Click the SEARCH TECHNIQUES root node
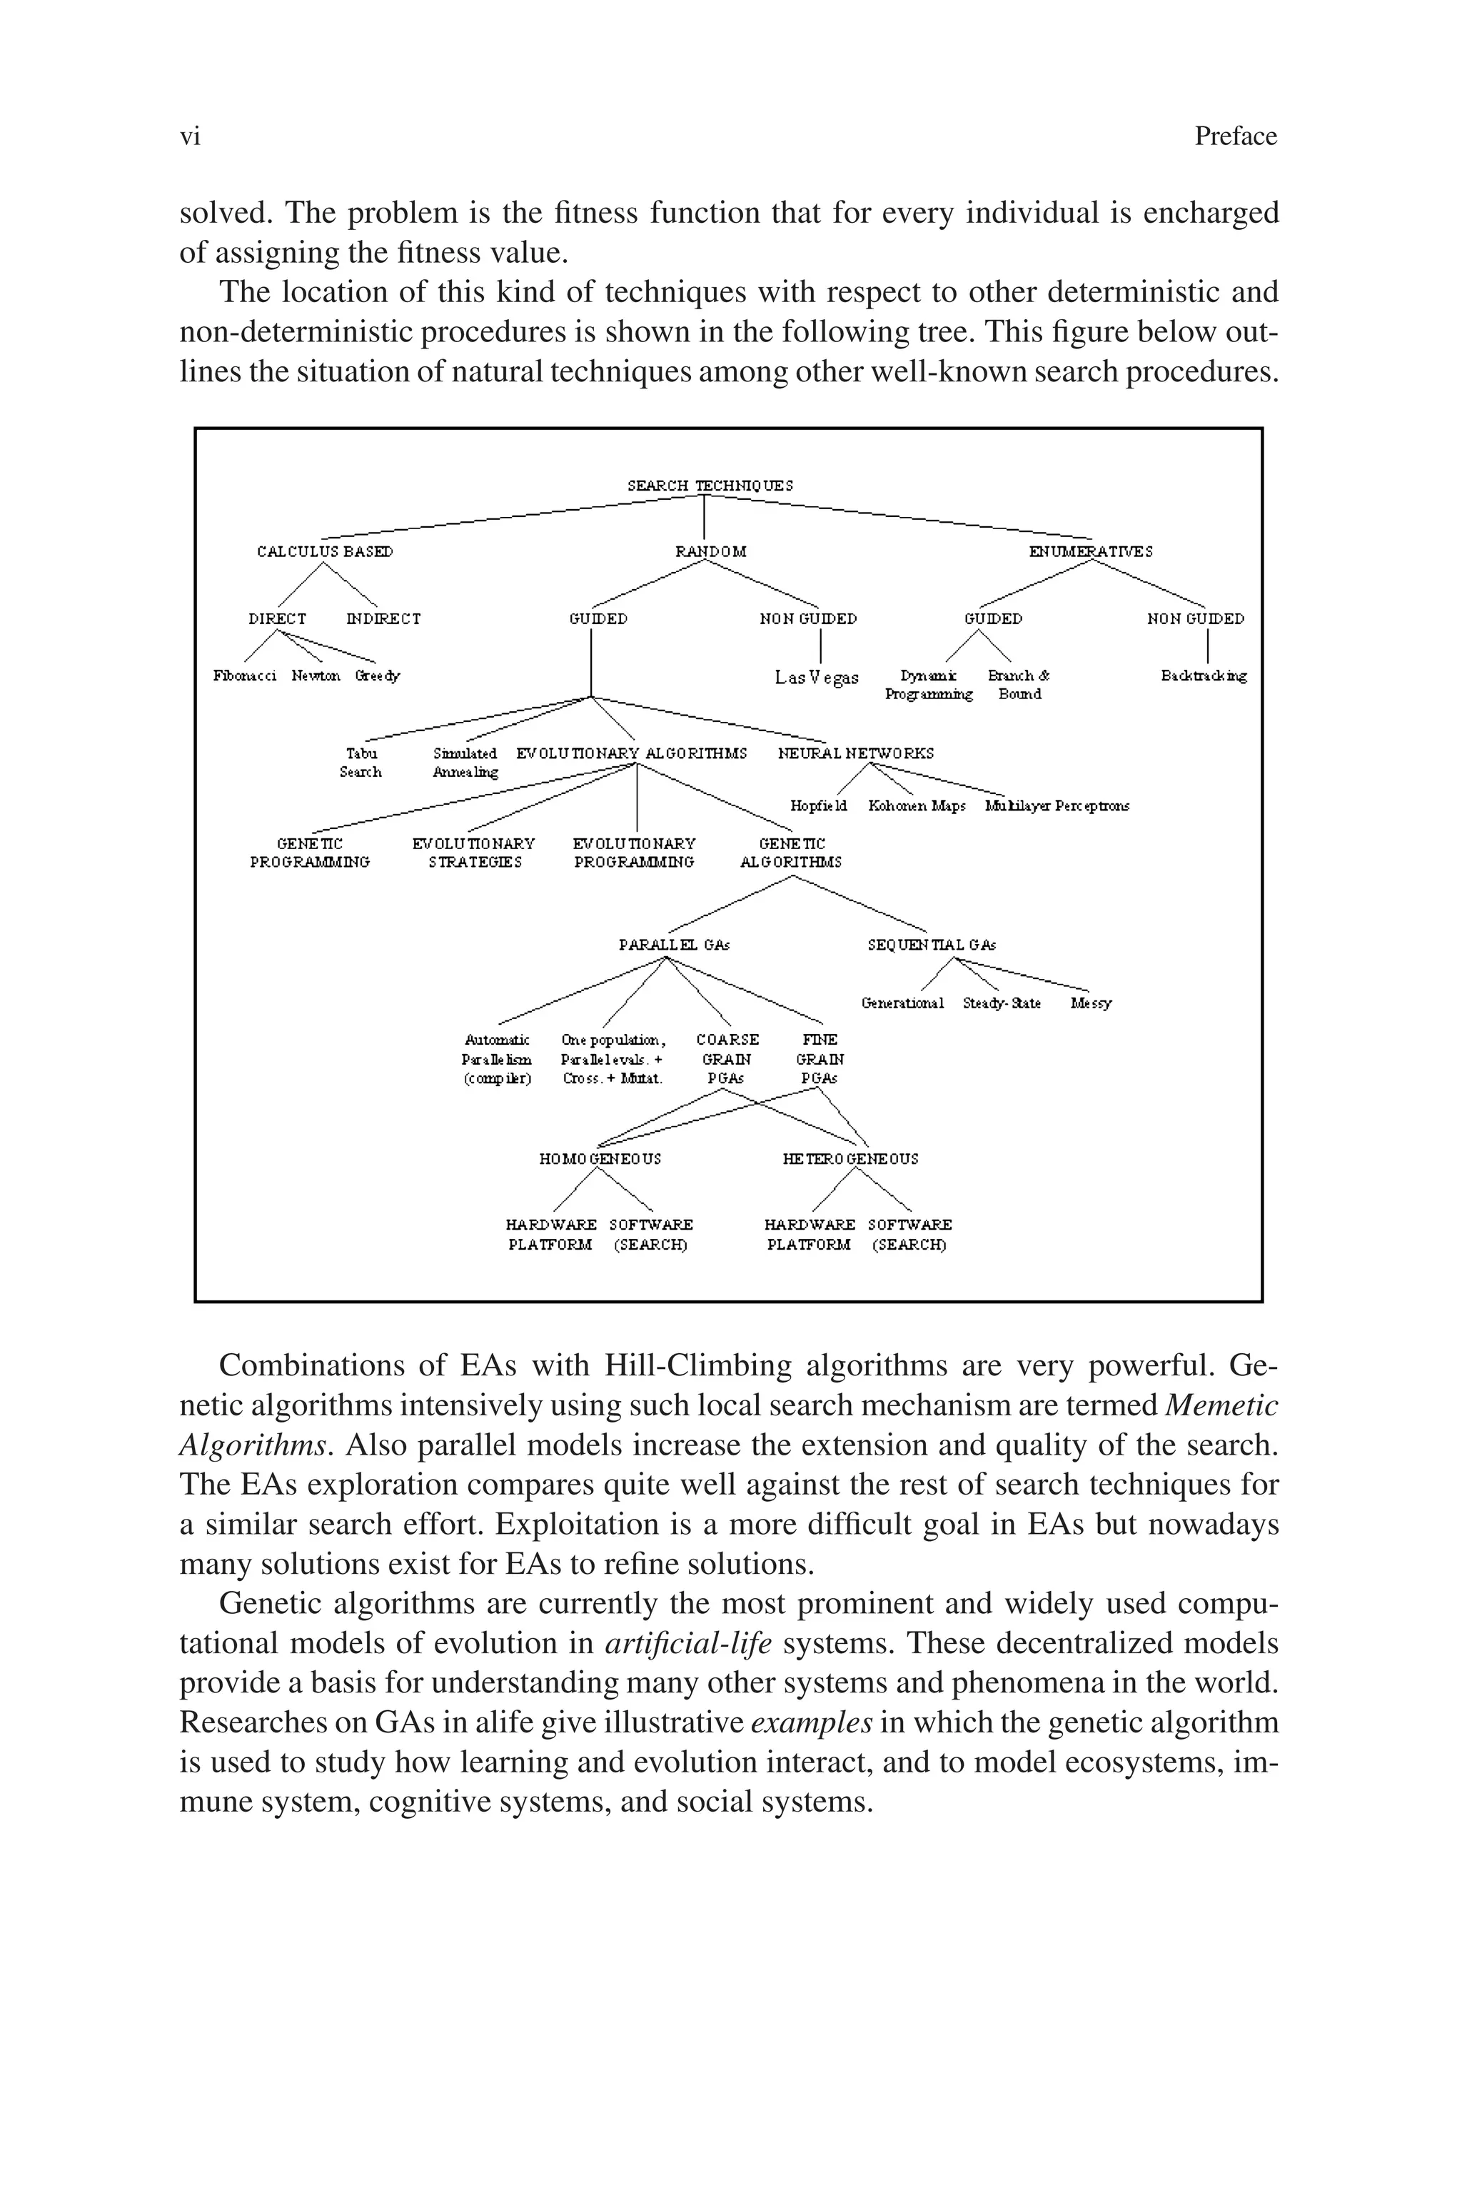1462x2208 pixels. [710, 486]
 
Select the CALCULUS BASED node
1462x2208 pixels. [325, 551]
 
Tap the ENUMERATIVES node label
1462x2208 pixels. [1090, 551]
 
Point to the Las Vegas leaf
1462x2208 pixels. [816, 677]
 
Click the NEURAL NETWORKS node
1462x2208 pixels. [855, 753]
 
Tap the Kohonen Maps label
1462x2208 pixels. [916, 806]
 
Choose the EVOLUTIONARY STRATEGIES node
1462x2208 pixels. [474, 852]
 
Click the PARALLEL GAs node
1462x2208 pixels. [673, 945]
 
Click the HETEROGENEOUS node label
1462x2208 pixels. [850, 1158]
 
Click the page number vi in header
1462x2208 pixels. [190, 137]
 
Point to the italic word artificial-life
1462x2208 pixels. [688, 1642]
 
